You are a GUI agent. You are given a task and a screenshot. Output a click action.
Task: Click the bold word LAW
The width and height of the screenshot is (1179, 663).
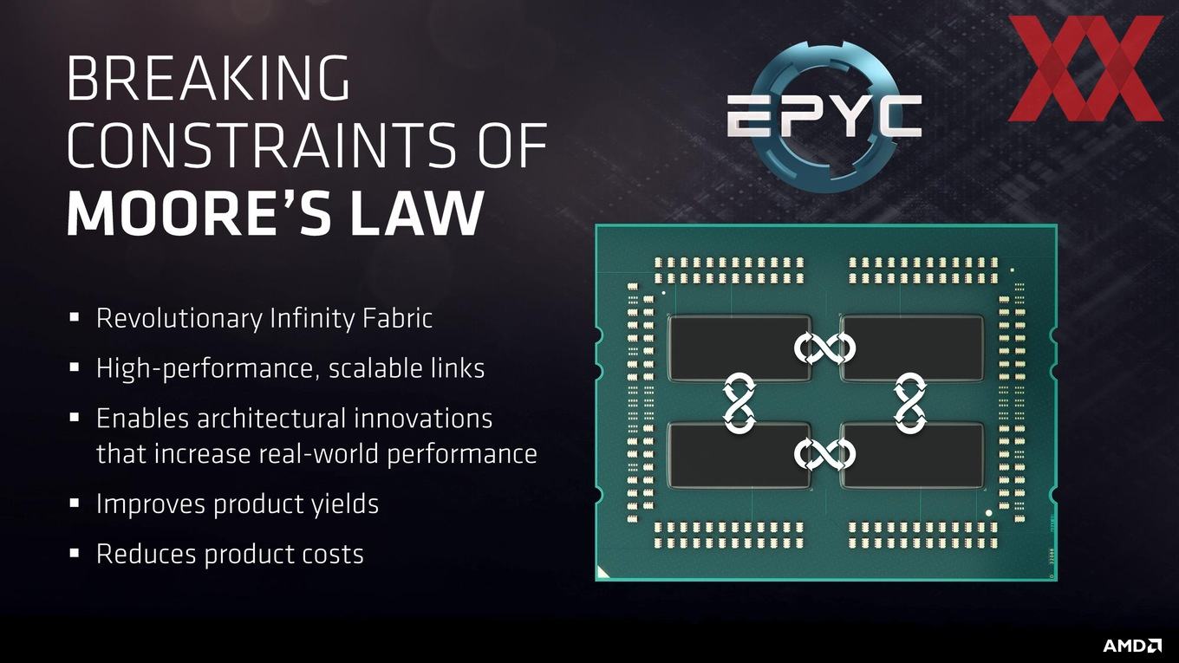(416, 212)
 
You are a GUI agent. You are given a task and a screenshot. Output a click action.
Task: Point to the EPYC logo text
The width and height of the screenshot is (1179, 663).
(824, 117)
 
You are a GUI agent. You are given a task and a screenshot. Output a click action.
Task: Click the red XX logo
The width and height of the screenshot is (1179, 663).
(1085, 68)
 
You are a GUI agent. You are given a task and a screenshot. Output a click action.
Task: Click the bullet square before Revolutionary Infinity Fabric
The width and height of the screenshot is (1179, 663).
(75, 317)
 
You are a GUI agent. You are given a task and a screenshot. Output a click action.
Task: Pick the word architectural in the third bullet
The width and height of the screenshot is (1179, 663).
(271, 419)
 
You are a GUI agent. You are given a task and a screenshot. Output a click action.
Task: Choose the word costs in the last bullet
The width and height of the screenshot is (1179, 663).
(333, 554)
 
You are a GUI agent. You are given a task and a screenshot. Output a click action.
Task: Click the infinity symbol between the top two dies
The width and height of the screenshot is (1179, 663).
(824, 348)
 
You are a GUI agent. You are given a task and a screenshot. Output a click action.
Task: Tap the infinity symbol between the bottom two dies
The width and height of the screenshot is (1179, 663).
(824, 454)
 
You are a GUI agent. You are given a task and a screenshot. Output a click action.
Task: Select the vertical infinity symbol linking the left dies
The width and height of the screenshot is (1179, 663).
(739, 404)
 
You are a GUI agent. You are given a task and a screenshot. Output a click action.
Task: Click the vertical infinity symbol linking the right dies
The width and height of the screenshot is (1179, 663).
(910, 404)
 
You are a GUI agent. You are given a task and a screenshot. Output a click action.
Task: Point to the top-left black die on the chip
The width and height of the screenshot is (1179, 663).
(739, 348)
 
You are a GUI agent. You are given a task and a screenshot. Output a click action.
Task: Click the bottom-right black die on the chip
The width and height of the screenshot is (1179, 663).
(912, 454)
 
